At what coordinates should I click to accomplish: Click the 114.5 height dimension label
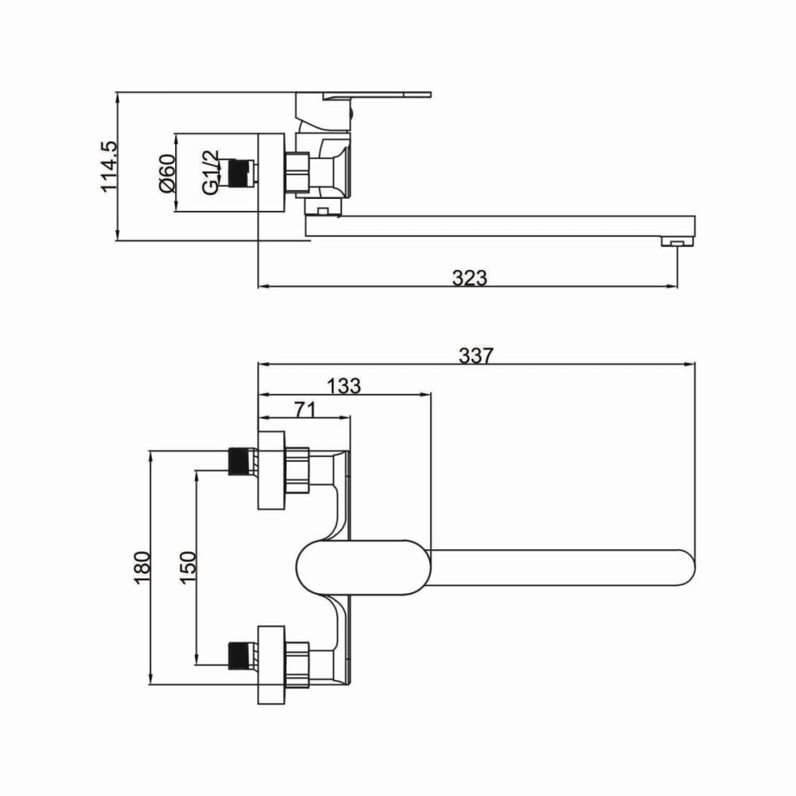click(109, 166)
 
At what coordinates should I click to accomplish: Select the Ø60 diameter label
click(167, 173)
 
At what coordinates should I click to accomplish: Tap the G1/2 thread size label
click(209, 172)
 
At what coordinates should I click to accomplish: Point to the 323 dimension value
click(469, 278)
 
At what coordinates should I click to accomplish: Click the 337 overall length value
click(476, 356)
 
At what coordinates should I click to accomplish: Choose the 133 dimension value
click(343, 386)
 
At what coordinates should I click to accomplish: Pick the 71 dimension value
click(305, 409)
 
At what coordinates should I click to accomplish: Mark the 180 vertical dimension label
click(142, 568)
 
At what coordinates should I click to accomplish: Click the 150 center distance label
click(189, 568)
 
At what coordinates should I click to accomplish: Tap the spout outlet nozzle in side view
click(677, 242)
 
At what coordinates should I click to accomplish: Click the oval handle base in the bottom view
click(364, 568)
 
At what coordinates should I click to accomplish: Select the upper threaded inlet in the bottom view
click(242, 462)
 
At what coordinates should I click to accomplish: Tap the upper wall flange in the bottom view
click(271, 470)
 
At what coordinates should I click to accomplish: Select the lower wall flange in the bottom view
click(271, 665)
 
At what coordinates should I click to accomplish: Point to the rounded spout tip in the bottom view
click(686, 568)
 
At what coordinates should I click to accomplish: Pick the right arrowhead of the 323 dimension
click(672, 287)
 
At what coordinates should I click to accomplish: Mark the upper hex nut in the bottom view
click(298, 470)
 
